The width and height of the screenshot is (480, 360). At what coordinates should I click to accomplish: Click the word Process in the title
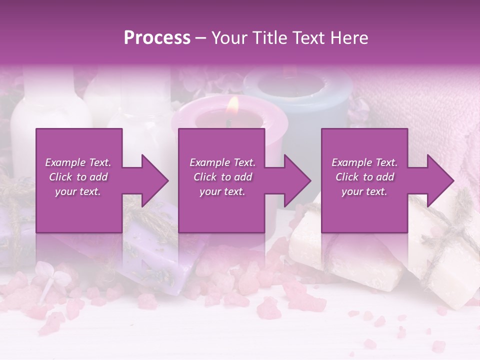[x=157, y=38]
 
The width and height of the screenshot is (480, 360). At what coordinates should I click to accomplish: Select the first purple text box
[x=79, y=180]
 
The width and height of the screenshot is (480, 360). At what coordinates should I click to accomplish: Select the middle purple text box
[x=221, y=180]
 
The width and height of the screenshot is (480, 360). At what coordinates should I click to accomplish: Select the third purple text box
[x=364, y=180]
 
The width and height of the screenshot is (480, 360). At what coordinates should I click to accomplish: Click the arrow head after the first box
[x=154, y=180]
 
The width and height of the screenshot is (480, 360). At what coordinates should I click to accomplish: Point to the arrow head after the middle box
[x=297, y=180]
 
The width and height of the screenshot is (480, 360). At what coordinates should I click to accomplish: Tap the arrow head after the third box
[x=440, y=180]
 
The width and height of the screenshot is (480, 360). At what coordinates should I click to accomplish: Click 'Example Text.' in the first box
[x=78, y=162]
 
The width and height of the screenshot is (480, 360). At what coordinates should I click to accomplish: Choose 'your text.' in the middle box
[x=222, y=191]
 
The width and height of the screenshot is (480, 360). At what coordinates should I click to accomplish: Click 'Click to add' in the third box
[x=364, y=177]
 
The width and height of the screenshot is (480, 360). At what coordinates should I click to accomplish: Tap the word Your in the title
[x=229, y=38]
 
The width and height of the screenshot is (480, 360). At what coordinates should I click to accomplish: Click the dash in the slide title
[x=201, y=38]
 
